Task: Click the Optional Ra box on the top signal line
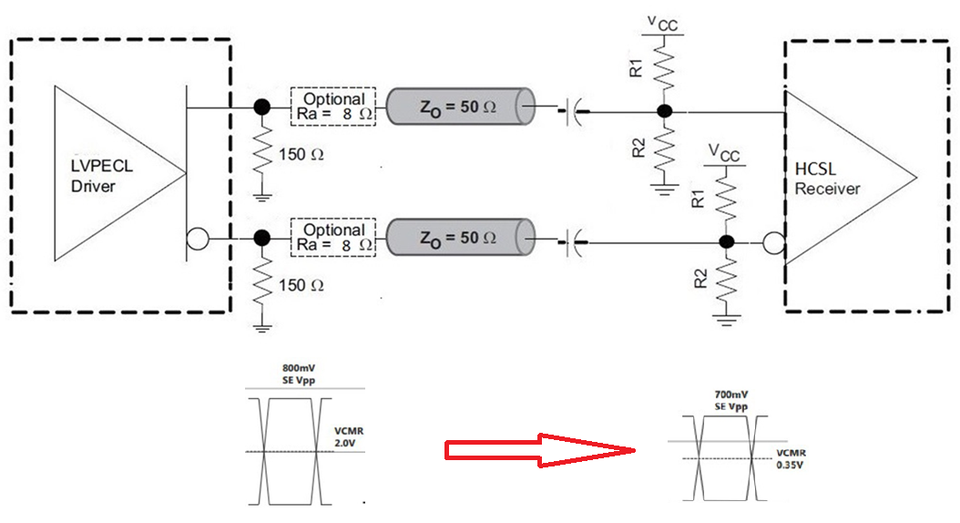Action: click(333, 107)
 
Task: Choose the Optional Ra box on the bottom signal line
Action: click(333, 238)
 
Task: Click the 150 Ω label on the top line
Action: click(301, 154)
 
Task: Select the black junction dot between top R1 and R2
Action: click(664, 111)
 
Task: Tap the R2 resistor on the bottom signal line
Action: click(725, 280)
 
